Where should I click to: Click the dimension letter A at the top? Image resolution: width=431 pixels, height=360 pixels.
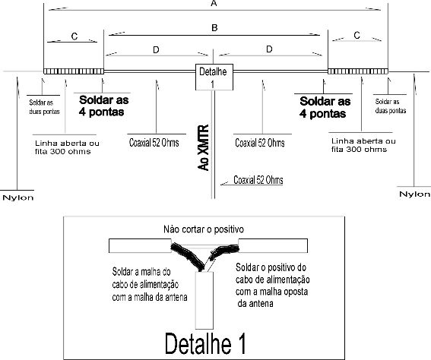click(x=214, y=3)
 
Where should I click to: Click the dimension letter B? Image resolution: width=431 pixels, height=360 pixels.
click(x=214, y=28)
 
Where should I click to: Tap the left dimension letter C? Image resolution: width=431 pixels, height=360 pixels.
click(x=74, y=36)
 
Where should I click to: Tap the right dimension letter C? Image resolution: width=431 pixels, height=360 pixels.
click(x=357, y=35)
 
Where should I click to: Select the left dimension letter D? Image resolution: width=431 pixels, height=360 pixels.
click(x=156, y=50)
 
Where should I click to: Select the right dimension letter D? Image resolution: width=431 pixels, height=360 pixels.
click(x=269, y=49)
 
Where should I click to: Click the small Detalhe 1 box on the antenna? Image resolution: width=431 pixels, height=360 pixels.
click(x=214, y=77)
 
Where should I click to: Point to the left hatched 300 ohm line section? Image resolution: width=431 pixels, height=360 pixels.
click(x=74, y=71)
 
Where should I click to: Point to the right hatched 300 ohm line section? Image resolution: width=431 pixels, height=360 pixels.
click(x=358, y=71)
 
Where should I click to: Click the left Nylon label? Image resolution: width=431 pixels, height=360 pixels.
click(x=18, y=197)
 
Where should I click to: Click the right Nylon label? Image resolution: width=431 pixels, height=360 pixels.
click(x=414, y=194)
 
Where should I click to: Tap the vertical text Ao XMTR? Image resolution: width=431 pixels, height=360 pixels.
click(x=204, y=148)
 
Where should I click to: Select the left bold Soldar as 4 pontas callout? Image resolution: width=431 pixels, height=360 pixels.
click(x=103, y=106)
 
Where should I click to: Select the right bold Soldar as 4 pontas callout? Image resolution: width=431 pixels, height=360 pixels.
click(x=325, y=107)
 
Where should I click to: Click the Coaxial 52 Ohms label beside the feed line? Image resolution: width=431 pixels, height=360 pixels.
click(x=258, y=180)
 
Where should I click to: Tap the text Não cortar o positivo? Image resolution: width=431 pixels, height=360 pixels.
click(x=204, y=229)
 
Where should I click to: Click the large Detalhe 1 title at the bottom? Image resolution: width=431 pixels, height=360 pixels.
click(x=205, y=343)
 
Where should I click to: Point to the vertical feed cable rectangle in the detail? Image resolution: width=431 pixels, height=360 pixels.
click(x=204, y=300)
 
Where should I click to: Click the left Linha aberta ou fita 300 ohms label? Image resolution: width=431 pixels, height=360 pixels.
click(x=67, y=147)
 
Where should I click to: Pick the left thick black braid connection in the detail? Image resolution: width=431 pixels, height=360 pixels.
click(x=188, y=256)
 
